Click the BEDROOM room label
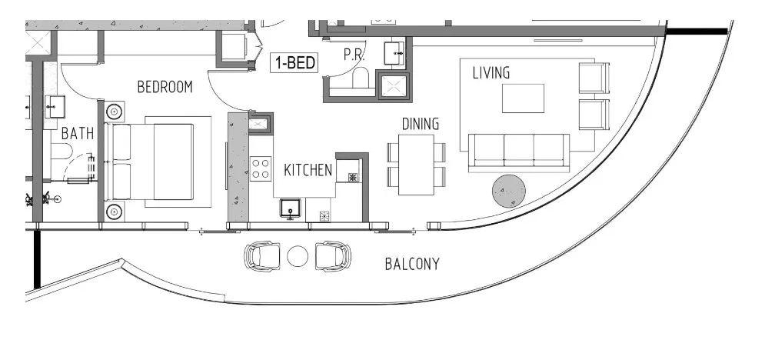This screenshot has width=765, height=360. (165, 87)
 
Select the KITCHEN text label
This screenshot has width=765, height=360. (308, 170)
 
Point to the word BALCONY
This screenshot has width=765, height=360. (412, 265)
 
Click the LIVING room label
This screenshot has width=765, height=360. (491, 73)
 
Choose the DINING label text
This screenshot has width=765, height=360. (421, 124)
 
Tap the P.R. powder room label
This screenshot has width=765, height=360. (354, 56)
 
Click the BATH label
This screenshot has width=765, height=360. (77, 134)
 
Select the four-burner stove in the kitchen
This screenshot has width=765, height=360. (260, 167)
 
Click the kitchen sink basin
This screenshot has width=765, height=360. (290, 207)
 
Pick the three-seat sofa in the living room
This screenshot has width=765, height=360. (519, 149)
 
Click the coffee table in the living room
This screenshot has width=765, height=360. (523, 98)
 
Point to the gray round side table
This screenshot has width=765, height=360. (508, 192)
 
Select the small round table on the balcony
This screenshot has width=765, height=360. (297, 256)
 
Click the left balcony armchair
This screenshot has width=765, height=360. (262, 255)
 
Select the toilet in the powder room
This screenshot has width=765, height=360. (359, 78)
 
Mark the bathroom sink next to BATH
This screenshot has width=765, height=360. (55, 106)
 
